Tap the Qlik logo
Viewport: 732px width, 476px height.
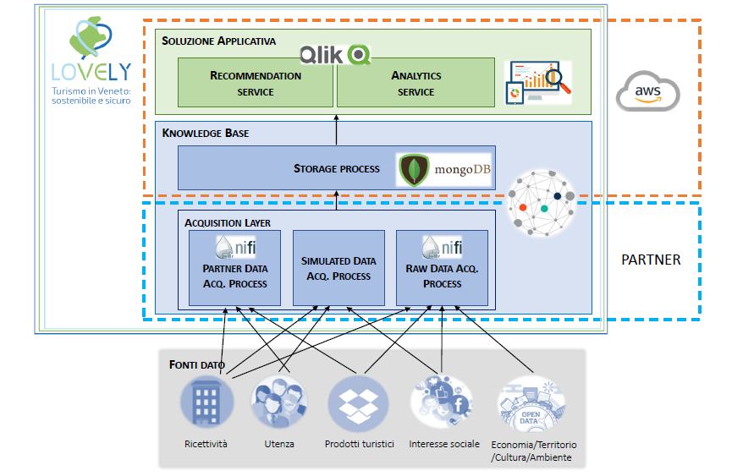[335, 55]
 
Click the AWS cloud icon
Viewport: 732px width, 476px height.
[647, 91]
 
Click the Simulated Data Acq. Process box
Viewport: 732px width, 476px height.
[338, 267]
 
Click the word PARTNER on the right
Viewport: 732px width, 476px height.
[651, 260]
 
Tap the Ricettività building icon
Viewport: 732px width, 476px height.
[205, 402]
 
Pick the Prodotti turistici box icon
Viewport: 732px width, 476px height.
[358, 402]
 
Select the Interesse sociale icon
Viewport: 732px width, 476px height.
[441, 402]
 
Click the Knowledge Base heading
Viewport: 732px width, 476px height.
[206, 133]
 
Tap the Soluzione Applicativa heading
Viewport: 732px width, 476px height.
[218, 41]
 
